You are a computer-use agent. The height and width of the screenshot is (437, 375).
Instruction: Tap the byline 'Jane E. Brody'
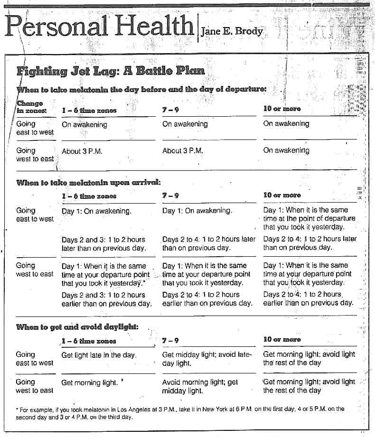pos(232,32)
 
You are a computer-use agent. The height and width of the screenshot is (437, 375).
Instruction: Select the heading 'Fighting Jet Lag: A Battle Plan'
pos(111,71)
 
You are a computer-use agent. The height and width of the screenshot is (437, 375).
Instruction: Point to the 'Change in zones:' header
pos(31,106)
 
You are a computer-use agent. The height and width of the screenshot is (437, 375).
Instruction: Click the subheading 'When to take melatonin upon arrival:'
pos(88,182)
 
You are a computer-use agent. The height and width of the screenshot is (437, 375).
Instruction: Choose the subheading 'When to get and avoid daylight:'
pos(77,326)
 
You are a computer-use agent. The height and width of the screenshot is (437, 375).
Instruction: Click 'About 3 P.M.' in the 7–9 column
pos(183,151)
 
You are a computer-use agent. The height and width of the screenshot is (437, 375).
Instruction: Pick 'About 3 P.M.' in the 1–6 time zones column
pos(82,151)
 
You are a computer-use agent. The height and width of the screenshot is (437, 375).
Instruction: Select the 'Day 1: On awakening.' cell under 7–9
pos(197,211)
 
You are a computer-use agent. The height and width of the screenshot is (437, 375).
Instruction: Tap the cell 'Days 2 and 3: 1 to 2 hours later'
pos(103,244)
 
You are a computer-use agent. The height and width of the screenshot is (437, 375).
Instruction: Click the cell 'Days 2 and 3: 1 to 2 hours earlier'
pos(106,299)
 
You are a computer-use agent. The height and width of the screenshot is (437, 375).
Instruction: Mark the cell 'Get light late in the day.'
pos(99,355)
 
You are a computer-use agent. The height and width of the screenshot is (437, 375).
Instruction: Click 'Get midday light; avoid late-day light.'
pos(206,359)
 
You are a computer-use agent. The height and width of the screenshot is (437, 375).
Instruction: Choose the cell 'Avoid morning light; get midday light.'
pos(200,386)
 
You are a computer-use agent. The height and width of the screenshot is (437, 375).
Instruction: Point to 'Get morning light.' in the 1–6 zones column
pos(88,382)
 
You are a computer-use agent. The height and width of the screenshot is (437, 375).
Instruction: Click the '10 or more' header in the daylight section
pos(282,340)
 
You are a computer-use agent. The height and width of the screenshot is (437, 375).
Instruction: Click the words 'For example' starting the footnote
pos(32,409)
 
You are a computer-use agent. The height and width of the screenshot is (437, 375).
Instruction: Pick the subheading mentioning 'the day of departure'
pos(141,89)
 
